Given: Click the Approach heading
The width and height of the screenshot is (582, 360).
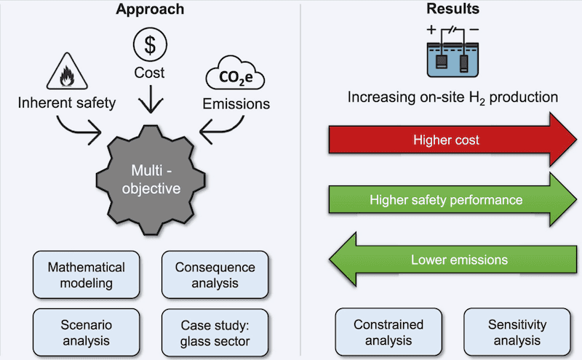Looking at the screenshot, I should pos(149,10).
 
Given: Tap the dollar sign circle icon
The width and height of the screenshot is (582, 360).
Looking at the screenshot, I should pos(149,45).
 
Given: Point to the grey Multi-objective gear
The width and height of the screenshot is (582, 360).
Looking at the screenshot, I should pos(149,179).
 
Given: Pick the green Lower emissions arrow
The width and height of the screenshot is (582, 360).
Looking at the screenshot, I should pos(444,258).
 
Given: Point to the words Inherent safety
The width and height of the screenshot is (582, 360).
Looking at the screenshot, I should pos(67,103).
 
